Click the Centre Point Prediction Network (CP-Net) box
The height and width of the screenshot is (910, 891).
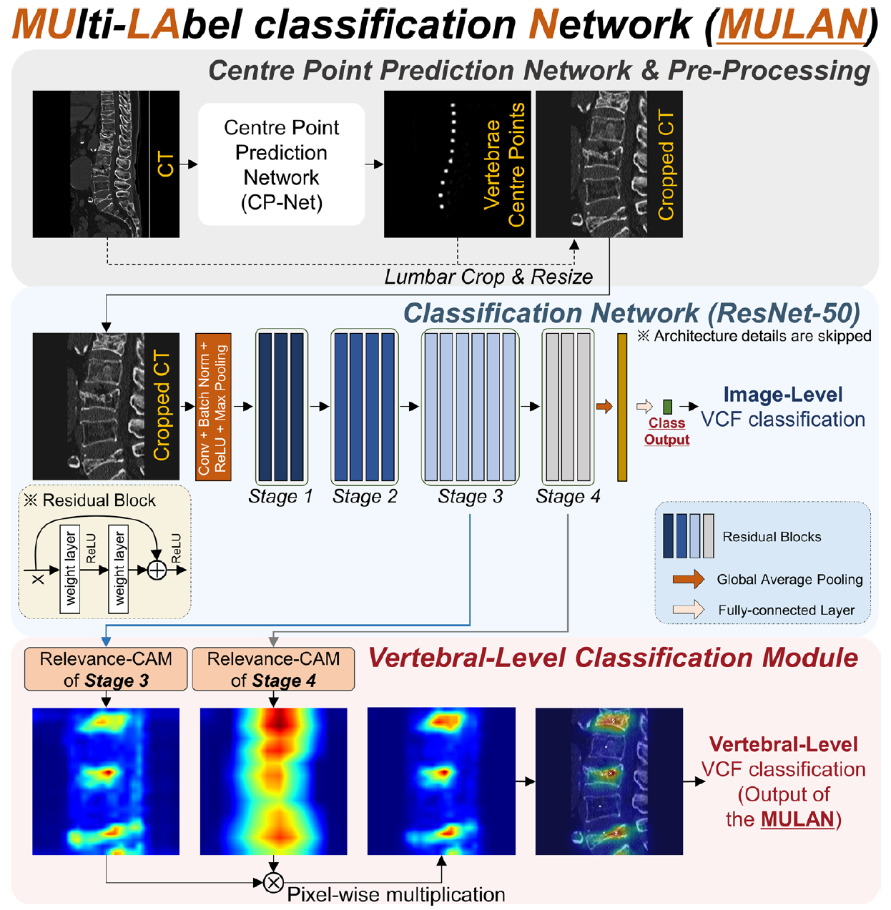[x=281, y=164]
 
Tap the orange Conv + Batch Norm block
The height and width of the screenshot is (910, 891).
[x=213, y=406]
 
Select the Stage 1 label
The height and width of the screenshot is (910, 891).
[x=280, y=497]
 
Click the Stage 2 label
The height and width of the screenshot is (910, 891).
[x=365, y=497]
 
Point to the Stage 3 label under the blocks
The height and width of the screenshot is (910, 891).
[x=470, y=497]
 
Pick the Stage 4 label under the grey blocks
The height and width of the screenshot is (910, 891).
[x=568, y=497]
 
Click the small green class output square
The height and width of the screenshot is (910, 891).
[x=667, y=407]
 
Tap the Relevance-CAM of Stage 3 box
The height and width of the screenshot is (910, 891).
[x=106, y=669]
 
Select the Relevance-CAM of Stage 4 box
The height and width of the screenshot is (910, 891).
[x=273, y=669]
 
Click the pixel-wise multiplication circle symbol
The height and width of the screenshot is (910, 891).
[x=273, y=883]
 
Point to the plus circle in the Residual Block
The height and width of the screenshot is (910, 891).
[x=157, y=570]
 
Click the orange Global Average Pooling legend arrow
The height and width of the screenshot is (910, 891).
[x=688, y=579]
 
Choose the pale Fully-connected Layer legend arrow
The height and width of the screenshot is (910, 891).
[x=688, y=610]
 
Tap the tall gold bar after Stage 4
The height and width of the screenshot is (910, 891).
[x=622, y=407]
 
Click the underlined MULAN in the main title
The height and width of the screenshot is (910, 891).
[x=792, y=25]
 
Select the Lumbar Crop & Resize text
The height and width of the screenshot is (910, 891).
[x=488, y=277]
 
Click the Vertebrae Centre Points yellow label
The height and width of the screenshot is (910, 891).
[x=504, y=164]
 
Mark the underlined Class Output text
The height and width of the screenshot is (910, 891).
[x=666, y=432]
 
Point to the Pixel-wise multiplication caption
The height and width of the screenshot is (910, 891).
[x=396, y=895]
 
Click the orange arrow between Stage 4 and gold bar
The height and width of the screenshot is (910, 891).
[x=604, y=407]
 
